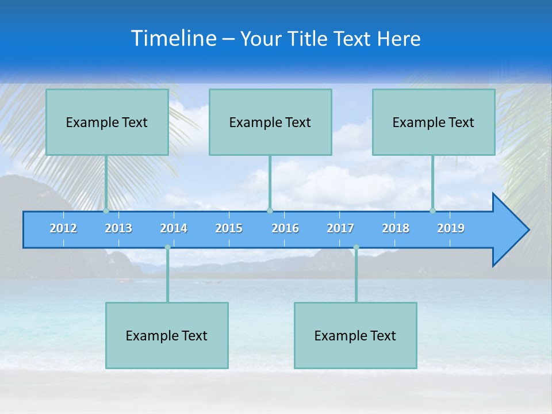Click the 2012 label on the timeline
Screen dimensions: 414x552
[x=63, y=228]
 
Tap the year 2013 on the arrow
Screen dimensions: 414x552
[x=118, y=228]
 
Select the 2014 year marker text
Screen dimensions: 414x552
[x=174, y=228]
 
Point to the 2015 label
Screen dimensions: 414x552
[x=229, y=228]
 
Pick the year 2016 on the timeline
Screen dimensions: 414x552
[x=285, y=228]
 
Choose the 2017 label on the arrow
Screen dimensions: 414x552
[x=340, y=228]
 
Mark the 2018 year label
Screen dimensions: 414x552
[x=396, y=228]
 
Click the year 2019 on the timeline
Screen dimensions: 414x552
[x=451, y=228]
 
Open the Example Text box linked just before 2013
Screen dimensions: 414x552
[x=107, y=122]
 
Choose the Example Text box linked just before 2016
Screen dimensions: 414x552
[x=270, y=122]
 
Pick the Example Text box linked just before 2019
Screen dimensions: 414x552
[x=434, y=122]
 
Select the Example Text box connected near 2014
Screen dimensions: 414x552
[x=167, y=335]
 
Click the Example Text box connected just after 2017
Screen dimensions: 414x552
[x=355, y=335]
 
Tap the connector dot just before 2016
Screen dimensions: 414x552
[x=270, y=210]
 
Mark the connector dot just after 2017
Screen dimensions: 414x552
[x=356, y=247]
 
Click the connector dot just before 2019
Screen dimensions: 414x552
[x=433, y=210]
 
